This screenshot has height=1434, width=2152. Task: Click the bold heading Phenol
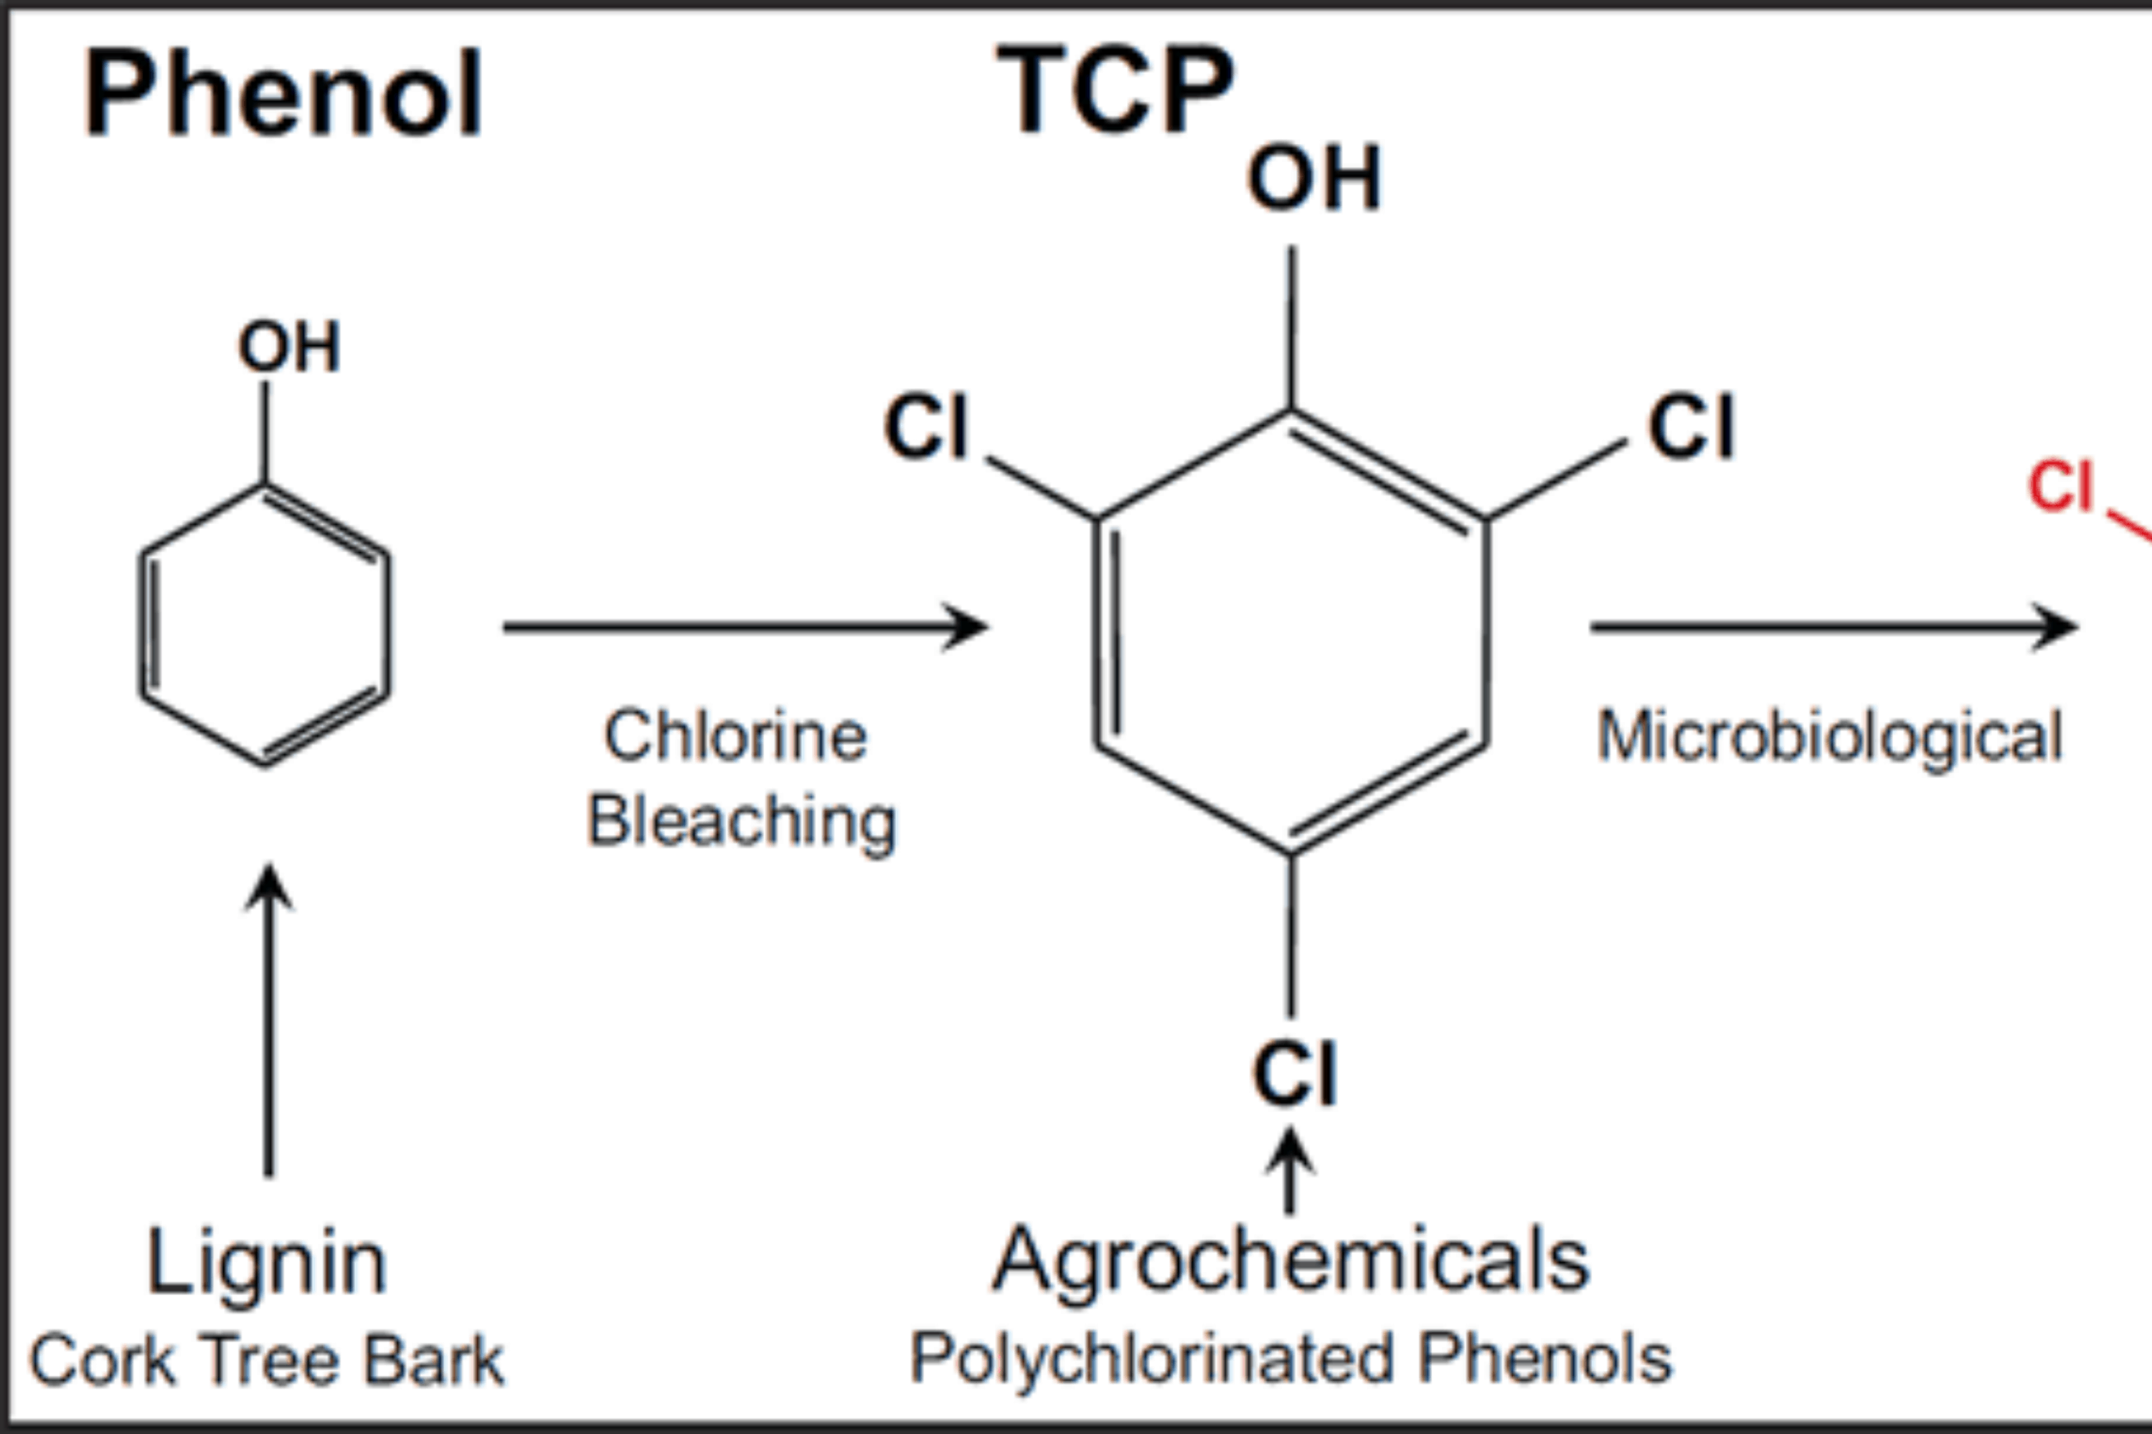point(283,93)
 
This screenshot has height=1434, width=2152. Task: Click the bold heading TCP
point(1115,89)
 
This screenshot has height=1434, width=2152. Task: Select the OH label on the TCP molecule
point(1314,179)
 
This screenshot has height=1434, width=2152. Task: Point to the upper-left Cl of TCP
point(926,427)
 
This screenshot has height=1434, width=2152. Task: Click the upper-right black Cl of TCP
point(1691,427)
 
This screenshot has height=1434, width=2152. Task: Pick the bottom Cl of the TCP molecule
point(1295,1073)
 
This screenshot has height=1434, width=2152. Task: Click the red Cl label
point(2060,487)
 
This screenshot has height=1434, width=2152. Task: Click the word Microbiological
point(1830,738)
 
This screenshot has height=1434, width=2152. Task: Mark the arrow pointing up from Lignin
point(269,1020)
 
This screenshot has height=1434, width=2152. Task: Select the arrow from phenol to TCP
point(746,627)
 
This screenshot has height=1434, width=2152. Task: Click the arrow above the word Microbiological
point(1834,627)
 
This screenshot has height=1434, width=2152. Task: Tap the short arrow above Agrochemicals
point(1290,1171)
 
